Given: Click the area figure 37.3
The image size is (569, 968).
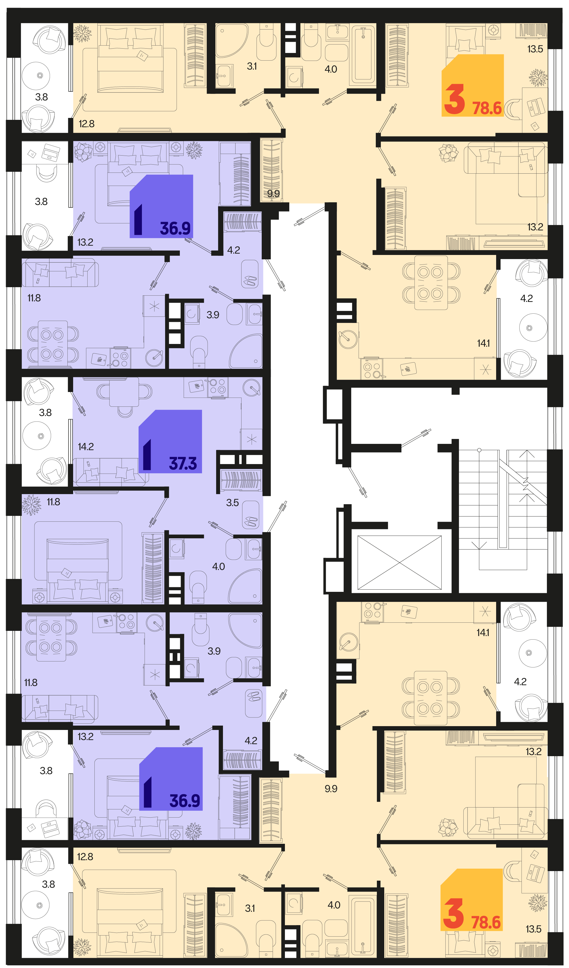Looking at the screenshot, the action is [183, 463].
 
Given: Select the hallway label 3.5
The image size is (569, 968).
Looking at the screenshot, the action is [232, 503].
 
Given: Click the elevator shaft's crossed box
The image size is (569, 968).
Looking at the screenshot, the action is [399, 562].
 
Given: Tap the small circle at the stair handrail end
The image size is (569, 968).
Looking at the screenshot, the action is [479, 450].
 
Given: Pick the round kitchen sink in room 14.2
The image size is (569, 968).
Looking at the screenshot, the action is [252, 387].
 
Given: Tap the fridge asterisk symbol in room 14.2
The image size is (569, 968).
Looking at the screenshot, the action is [252, 439].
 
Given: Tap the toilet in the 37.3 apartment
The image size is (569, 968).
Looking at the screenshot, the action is [198, 587].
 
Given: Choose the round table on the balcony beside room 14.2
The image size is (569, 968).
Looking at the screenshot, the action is [37, 436].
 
